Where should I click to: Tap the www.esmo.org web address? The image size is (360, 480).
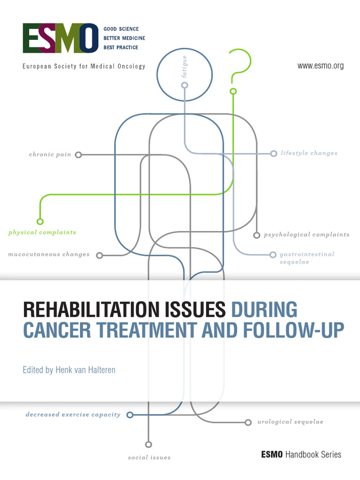coord(321,66)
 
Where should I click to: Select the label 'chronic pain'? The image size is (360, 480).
coord(50,154)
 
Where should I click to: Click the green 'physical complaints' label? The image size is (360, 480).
coord(42,232)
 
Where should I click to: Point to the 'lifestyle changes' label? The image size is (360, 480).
coord(309,153)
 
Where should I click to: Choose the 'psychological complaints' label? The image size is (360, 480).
coord(307,234)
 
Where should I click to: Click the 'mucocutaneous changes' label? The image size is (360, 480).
coord(49,255)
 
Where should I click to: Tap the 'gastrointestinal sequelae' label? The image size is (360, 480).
coord(307,258)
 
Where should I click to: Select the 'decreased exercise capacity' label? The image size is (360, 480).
coord(73,414)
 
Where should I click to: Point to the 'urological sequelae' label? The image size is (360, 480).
coord(290,422)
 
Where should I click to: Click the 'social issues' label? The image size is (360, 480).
coord(149,457)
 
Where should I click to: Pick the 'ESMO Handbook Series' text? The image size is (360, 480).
coord(301,454)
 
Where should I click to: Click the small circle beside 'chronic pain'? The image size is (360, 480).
coord(79,154)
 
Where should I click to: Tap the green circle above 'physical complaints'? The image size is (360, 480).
coord(40,222)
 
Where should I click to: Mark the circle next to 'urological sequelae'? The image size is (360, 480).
coord(248,422)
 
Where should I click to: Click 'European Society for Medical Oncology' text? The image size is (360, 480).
coord(84,66)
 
